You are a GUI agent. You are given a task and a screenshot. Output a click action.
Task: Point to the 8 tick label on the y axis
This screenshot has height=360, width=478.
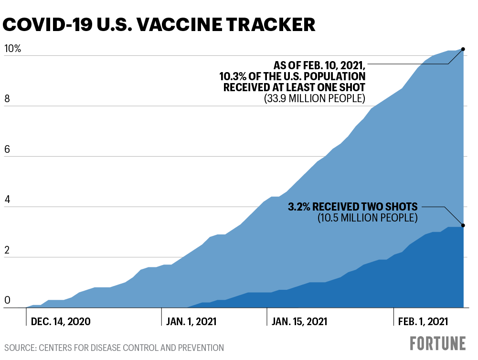[x=7, y=99]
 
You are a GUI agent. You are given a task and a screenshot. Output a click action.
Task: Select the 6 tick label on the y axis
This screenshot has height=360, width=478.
[x=7, y=150]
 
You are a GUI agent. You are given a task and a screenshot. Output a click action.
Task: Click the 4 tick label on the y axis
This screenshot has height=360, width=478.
[x=7, y=200]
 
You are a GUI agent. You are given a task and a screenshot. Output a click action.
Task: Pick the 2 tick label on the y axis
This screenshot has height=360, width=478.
[x=7, y=251]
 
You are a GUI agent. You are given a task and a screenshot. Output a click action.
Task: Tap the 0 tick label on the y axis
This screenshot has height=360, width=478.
[x=7, y=301]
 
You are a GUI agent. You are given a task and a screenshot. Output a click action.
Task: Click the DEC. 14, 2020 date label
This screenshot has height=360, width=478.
[x=60, y=321]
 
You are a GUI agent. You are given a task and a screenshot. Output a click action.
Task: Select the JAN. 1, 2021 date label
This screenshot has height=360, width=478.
[x=191, y=321]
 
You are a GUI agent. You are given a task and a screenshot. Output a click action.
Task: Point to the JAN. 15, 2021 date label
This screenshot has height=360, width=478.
[x=299, y=321]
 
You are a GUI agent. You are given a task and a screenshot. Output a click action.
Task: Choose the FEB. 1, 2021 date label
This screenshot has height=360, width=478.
[x=423, y=321]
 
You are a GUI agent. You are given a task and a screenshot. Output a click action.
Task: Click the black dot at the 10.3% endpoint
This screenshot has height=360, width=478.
[x=463, y=49]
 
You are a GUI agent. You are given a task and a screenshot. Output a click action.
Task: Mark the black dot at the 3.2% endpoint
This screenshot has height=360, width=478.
[x=463, y=225]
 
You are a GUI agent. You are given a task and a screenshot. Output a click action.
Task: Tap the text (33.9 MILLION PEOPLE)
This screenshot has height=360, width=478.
[x=315, y=99]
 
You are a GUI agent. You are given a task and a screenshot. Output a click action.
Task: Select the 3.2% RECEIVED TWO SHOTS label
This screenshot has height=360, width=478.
[x=353, y=207]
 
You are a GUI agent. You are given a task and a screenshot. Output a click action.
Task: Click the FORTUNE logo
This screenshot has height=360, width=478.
[x=437, y=343]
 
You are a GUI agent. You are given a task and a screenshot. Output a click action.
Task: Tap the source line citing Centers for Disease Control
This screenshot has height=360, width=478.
[x=114, y=348]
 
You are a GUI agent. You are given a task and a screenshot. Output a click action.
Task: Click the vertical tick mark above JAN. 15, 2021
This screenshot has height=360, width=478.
[x=266, y=316]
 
